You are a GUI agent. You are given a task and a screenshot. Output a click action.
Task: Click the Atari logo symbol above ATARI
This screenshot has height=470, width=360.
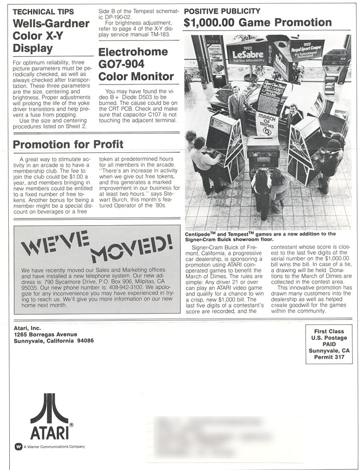click(x=49, y=408)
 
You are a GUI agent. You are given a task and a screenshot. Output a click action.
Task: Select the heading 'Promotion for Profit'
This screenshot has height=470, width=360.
click(x=68, y=144)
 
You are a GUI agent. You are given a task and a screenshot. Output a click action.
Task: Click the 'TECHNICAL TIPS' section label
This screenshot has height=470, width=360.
click(x=43, y=11)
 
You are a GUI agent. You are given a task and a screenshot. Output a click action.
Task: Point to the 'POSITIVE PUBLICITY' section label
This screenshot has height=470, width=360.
click(x=222, y=11)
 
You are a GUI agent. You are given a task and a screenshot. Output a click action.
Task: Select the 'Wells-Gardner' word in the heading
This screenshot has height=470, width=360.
click(x=51, y=23)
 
